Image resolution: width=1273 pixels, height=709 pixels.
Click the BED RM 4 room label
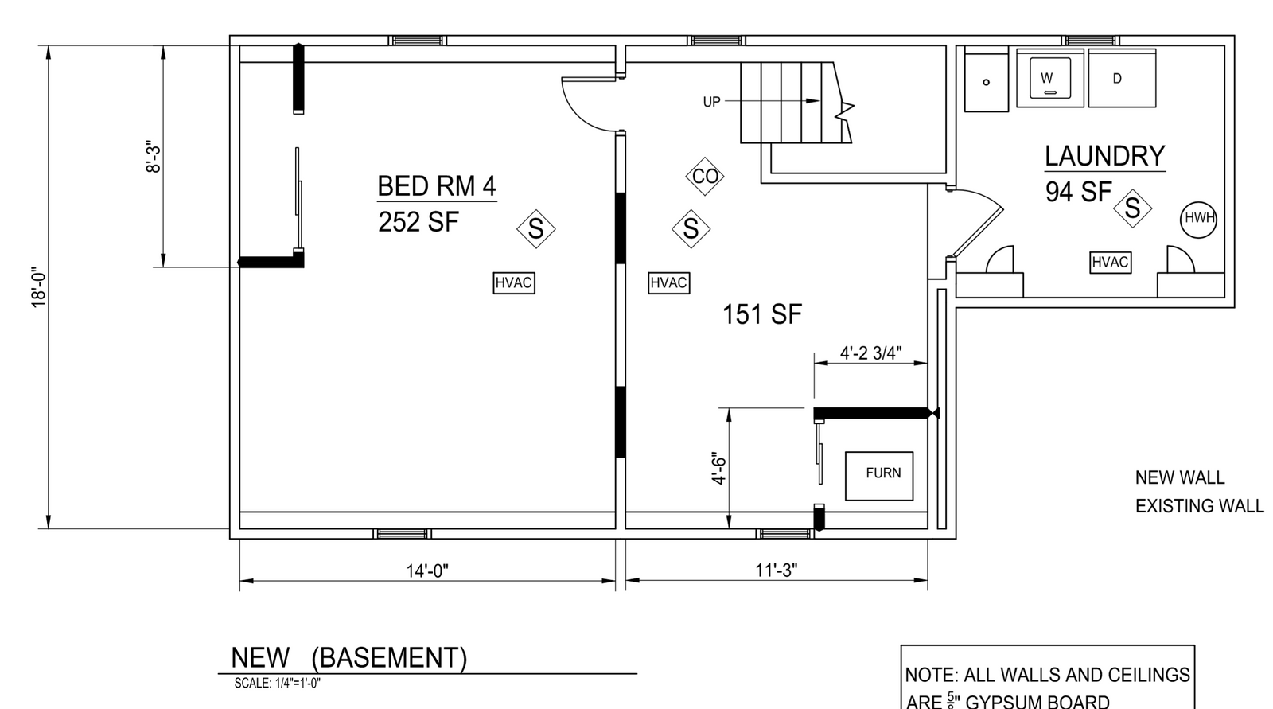point(437,186)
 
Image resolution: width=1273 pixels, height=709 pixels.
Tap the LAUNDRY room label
point(1105,156)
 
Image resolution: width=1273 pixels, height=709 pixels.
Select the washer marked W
point(1049,78)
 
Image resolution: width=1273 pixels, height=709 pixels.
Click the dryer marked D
point(1122,78)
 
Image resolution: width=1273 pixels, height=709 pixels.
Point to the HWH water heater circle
point(1198,218)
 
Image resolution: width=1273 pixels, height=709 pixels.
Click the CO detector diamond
point(705,176)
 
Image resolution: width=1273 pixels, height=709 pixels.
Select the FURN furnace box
point(879,476)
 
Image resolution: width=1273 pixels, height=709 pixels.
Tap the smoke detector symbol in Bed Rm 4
point(536,228)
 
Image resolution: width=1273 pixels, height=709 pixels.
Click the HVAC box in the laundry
point(1111,262)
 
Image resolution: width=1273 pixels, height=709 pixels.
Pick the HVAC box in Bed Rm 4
point(514,282)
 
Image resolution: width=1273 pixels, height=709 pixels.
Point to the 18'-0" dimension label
point(39,287)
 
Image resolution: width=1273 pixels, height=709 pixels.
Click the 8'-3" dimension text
point(154,156)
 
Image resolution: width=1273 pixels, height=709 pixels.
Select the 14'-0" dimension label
point(427,571)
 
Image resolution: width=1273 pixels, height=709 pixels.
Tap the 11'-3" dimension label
point(777,571)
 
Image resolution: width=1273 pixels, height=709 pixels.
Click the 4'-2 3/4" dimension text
point(870,353)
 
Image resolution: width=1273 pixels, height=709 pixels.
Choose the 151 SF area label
point(761,314)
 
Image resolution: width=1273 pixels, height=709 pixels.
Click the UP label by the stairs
point(711,102)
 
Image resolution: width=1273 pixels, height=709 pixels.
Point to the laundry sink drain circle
point(986,82)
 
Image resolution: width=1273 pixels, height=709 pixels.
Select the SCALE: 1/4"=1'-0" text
point(278,683)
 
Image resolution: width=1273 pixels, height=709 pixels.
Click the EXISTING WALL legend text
point(1199,506)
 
